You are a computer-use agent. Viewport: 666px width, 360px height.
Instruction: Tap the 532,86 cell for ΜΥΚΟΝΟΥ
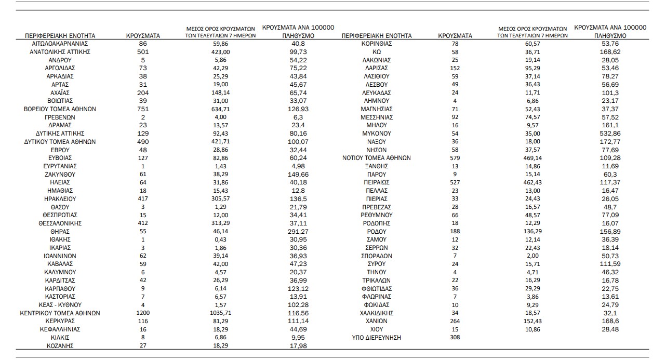610,134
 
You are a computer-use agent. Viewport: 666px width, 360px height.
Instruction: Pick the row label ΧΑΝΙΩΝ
377,322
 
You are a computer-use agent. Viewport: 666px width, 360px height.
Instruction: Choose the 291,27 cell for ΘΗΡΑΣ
297,232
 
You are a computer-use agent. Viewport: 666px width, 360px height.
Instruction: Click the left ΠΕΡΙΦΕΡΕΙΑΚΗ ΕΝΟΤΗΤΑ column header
60,35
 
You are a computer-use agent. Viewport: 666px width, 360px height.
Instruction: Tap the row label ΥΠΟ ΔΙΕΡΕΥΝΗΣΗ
377,338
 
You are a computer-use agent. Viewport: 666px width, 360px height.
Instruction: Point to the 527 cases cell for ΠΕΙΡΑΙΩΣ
455,183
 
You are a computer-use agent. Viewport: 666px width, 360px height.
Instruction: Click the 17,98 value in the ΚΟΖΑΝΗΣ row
297,346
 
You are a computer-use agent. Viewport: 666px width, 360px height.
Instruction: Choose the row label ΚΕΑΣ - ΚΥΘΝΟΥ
60,305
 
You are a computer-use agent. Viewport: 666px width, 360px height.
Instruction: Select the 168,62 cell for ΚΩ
610,52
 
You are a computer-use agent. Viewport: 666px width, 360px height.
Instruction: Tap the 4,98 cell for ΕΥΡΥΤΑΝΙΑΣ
297,166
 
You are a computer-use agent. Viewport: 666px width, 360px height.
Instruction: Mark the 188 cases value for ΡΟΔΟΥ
455,232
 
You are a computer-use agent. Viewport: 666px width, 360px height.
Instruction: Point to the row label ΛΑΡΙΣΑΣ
377,69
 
